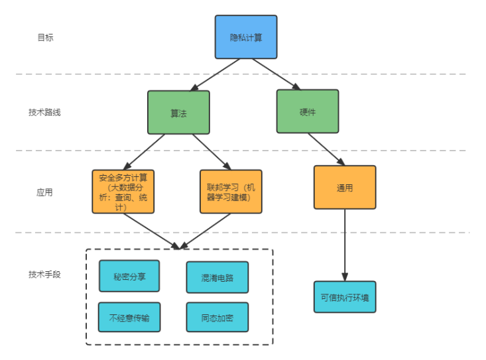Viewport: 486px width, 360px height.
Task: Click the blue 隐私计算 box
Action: (x=245, y=37)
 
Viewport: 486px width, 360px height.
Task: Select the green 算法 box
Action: (x=178, y=113)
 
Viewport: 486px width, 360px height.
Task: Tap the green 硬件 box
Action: (x=308, y=111)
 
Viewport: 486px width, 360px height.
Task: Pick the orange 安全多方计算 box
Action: (x=123, y=192)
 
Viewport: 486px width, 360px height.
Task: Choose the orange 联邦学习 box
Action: (x=231, y=192)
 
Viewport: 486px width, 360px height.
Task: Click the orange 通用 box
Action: (x=345, y=188)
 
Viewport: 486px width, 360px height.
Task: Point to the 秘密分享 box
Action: (x=129, y=276)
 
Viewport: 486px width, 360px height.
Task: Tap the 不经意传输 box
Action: (x=129, y=318)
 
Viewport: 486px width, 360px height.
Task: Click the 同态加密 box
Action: (x=217, y=318)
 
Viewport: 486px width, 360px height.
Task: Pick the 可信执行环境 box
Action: (x=345, y=297)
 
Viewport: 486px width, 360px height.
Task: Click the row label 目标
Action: (x=45, y=38)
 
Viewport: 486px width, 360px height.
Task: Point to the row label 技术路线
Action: (x=45, y=113)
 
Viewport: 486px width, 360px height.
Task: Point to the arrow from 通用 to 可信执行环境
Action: (x=345, y=245)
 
